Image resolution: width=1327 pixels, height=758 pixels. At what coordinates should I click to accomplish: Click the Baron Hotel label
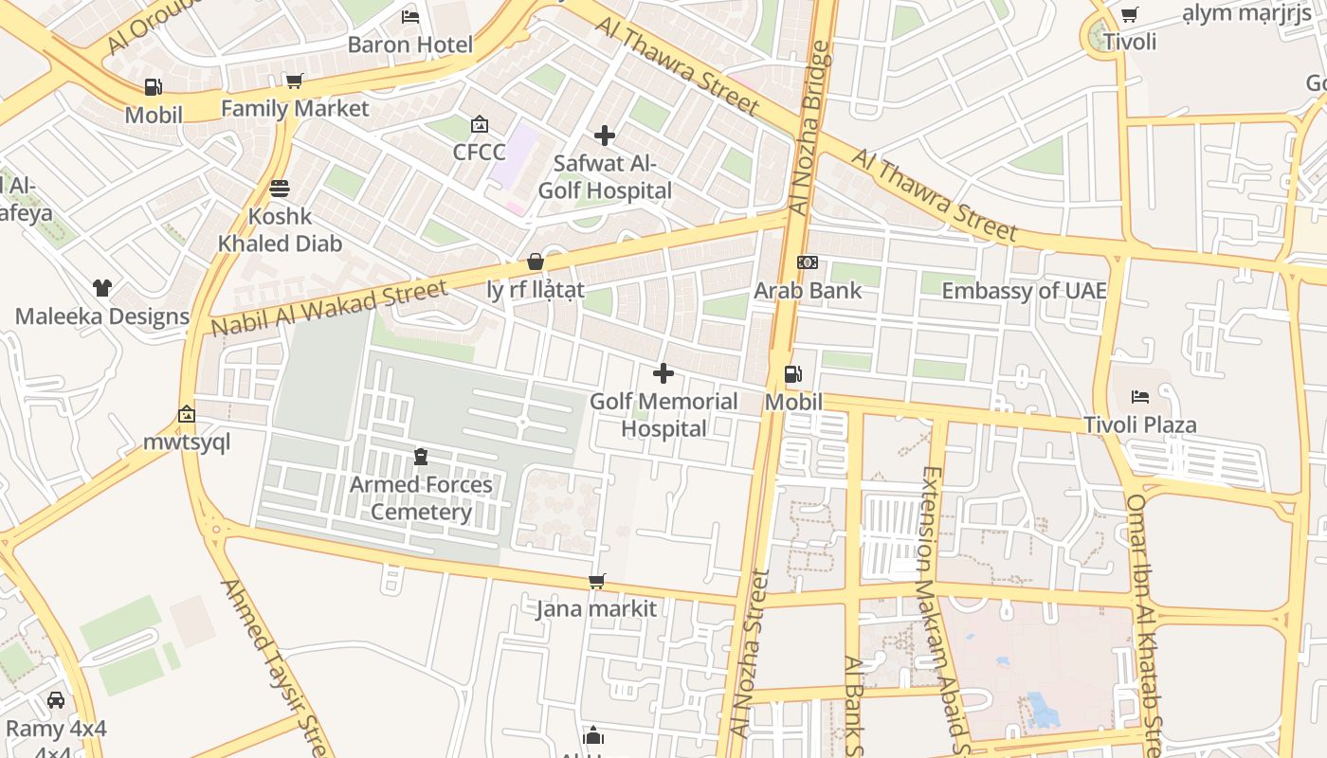[x=409, y=45]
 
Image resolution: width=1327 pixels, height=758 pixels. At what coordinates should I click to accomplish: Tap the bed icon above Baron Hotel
[x=409, y=16]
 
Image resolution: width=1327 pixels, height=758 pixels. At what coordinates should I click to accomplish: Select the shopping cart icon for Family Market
[x=294, y=81]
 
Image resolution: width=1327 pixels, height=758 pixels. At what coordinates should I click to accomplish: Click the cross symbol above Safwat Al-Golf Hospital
[x=604, y=135]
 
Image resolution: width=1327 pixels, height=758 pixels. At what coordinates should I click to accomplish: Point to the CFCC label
[x=479, y=152]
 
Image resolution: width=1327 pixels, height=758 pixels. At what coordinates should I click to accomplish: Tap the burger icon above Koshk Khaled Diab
[x=279, y=188]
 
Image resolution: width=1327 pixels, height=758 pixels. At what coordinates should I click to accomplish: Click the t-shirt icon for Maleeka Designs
[x=101, y=287]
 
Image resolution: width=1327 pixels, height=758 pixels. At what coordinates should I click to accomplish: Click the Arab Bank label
[x=808, y=290]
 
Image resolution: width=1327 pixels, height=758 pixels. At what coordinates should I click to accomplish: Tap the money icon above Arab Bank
[x=807, y=262]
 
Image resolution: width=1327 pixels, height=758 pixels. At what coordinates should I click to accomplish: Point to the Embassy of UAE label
[x=1024, y=290]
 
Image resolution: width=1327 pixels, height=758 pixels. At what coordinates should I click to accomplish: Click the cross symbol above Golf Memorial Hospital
[x=663, y=373]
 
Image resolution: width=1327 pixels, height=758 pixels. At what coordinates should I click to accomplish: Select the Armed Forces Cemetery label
[x=421, y=498]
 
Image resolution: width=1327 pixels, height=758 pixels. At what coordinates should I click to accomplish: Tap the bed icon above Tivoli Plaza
[x=1140, y=397]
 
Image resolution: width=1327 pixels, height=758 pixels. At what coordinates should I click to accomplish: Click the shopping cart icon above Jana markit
[x=596, y=581]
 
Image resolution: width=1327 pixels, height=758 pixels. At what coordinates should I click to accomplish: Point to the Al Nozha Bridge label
[x=809, y=128]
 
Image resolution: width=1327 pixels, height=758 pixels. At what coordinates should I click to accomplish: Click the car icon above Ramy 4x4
[x=56, y=700]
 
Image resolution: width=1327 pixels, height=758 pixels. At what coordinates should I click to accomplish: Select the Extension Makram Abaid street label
[x=942, y=606]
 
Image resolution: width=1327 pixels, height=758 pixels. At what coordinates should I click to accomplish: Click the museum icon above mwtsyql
[x=187, y=414]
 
